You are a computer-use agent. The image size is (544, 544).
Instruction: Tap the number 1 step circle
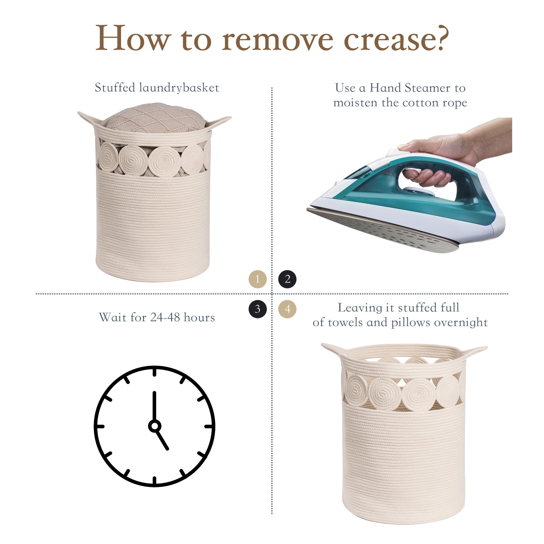(257, 279)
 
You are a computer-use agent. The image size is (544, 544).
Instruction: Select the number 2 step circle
(287, 279)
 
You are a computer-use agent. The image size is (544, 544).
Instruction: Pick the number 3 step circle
(257, 309)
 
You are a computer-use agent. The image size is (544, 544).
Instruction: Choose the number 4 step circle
(287, 309)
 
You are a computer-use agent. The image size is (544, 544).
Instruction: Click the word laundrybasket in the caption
(179, 88)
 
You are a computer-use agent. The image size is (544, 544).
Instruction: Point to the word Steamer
(427, 88)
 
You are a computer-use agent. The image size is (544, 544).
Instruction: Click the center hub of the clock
(154, 426)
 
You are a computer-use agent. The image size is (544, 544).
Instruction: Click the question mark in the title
(440, 37)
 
